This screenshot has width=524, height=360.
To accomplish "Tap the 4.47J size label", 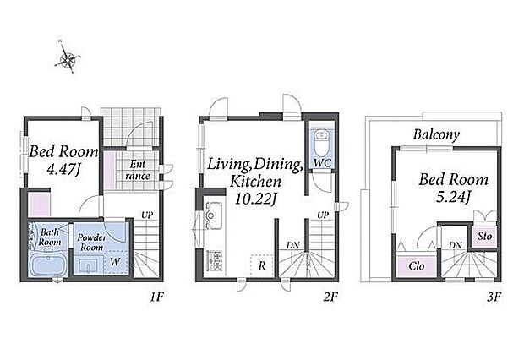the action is point(63,170).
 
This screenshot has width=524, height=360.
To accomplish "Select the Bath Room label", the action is point(50,237).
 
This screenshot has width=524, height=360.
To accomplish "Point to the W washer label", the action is point(115,262).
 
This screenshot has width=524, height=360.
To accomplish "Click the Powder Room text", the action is point(91,243).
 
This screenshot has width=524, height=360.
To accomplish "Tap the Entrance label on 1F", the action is point(138,170).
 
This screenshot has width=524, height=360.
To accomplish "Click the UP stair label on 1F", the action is point(147,215).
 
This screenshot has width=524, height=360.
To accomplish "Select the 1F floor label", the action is point(156,297).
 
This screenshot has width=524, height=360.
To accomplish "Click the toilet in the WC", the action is point(322,143).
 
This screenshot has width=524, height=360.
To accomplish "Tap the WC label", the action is point(323,163).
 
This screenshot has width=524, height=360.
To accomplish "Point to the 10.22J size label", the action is point(256,199).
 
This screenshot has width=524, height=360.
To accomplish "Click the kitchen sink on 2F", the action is point(214,215).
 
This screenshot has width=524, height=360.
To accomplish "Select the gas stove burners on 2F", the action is point(214,260).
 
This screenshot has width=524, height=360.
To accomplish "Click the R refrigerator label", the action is point(262,265).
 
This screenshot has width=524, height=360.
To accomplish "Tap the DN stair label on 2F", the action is point(292,245).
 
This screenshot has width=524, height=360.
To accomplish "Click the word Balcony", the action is point(436,134).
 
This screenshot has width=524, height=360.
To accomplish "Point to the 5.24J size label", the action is point(454,197).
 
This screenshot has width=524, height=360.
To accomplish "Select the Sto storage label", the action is point(484,236).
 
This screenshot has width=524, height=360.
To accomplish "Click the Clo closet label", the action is point(417,266).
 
